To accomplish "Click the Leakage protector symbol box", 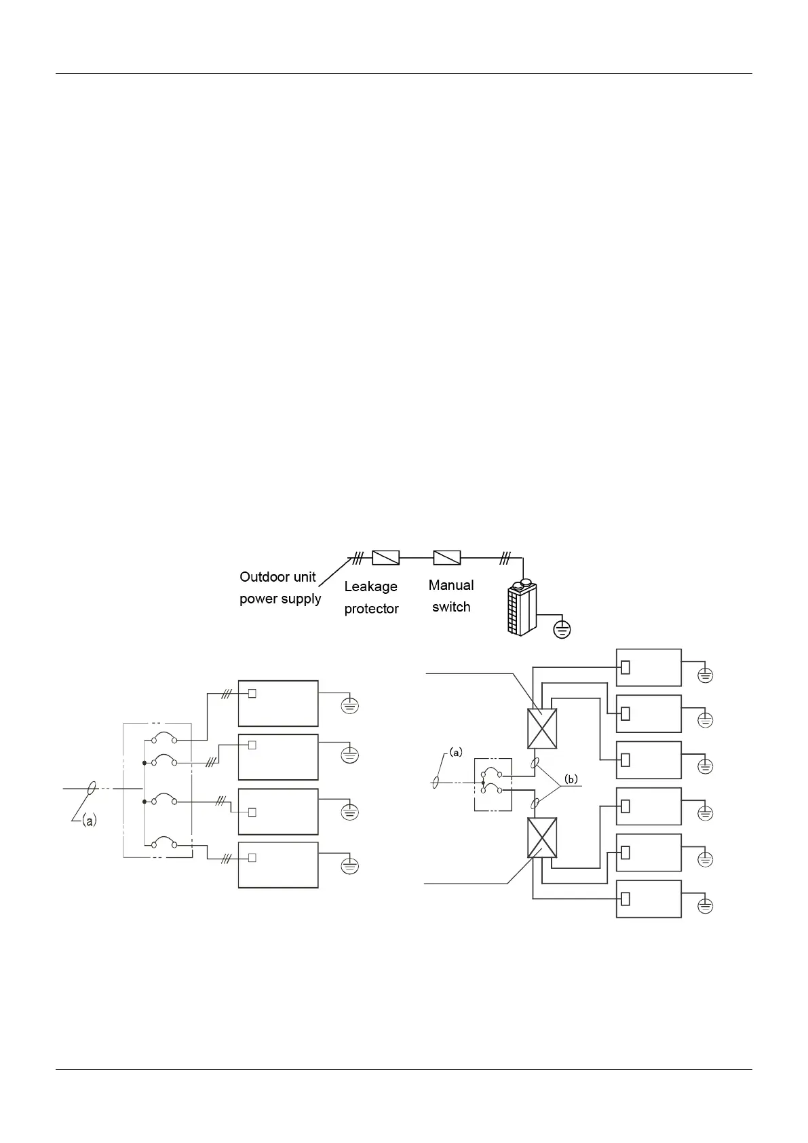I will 385,558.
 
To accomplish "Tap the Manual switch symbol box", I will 447,558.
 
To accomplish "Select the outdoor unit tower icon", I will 522,608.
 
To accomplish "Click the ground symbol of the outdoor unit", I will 562,630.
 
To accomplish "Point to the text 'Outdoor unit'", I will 277,578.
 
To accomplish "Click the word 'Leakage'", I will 370,586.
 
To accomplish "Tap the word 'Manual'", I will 451,585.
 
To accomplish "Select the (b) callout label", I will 572,779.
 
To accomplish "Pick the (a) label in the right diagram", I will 455,752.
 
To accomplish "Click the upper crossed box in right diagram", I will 542,728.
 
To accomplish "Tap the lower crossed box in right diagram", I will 542,837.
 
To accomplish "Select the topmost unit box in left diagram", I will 278,703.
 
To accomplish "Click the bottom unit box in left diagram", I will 278,865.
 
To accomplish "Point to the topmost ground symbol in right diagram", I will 706,675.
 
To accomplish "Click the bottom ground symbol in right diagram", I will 706,906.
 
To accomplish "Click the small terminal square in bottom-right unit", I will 626,899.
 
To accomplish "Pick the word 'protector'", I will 371,609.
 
